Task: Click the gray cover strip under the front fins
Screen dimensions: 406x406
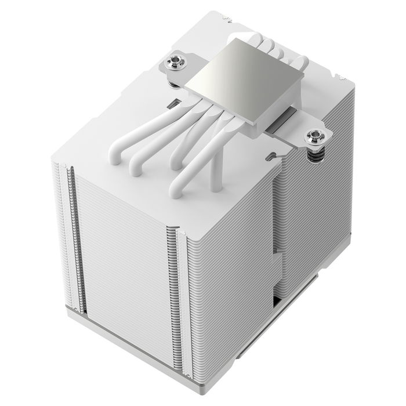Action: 116,346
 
